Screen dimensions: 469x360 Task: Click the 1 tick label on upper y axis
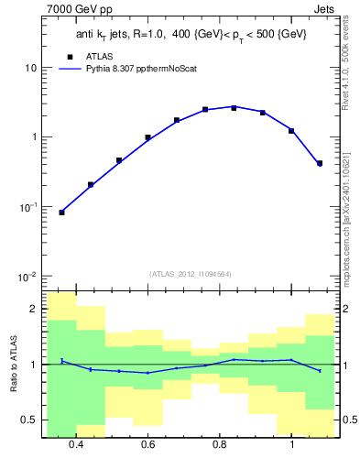(34, 137)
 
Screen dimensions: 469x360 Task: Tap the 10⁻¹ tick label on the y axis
(28, 207)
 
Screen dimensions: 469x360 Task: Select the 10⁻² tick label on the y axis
(28, 277)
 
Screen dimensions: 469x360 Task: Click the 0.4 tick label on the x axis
(75, 444)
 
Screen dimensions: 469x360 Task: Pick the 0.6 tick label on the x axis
(147, 444)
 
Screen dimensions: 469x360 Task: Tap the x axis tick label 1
(291, 444)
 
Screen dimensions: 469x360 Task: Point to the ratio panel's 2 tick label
(34, 310)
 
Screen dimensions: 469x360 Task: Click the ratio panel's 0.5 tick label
(30, 420)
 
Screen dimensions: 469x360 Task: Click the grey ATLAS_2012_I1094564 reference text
(190, 273)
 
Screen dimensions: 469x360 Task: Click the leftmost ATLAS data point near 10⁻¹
(61, 213)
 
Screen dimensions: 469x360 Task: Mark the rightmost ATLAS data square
(320, 164)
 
